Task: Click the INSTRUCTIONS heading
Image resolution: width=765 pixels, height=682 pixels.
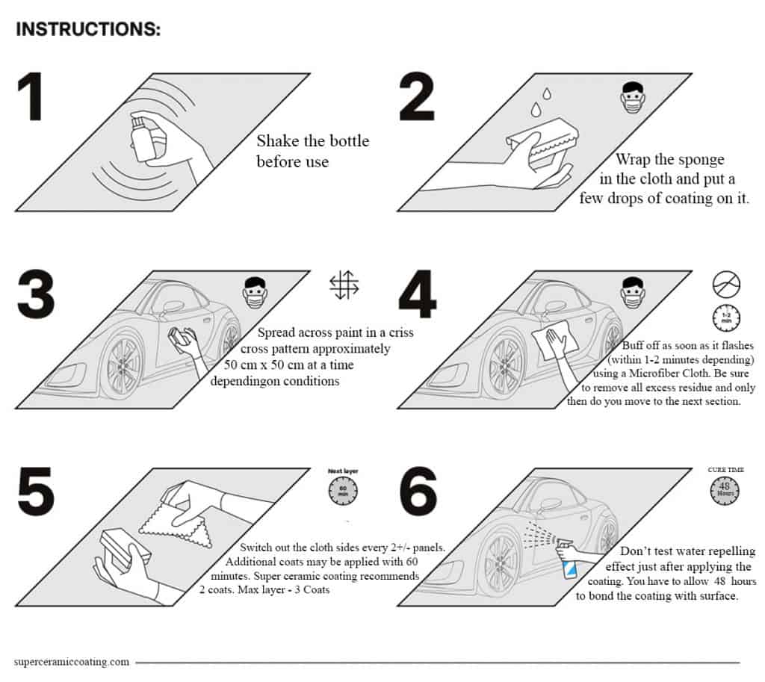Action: [87, 29]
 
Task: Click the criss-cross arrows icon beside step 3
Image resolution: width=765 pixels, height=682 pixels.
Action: [344, 285]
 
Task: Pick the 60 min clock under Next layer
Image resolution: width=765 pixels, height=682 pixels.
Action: [343, 491]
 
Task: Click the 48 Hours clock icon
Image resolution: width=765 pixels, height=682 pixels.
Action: [724, 489]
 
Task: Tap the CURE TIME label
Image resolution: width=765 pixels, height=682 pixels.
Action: [725, 470]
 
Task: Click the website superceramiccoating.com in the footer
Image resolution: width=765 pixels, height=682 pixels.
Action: [72, 661]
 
